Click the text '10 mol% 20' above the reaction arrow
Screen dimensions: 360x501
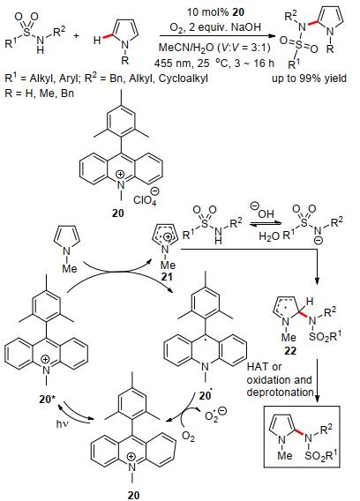[215, 12]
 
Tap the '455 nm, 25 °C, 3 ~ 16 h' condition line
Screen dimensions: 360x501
[214, 63]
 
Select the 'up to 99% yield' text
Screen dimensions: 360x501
[309, 79]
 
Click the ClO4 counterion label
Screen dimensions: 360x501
[145, 200]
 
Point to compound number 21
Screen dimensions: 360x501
[166, 277]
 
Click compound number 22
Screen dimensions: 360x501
[290, 351]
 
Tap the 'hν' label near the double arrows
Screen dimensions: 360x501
[62, 424]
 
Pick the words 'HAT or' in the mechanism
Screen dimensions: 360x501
[264, 367]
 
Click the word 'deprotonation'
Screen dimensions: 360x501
[280, 392]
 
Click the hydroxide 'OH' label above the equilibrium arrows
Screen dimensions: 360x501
[266, 213]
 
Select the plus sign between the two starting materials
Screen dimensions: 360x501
[76, 36]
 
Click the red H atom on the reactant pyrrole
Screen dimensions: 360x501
[97, 41]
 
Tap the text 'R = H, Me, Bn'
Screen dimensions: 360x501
[40, 93]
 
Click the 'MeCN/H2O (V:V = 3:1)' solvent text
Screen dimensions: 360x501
[214, 48]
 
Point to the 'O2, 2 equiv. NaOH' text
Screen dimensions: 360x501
[215, 28]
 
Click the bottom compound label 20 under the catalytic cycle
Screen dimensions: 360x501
[133, 495]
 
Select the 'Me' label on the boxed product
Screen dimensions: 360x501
[285, 455]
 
